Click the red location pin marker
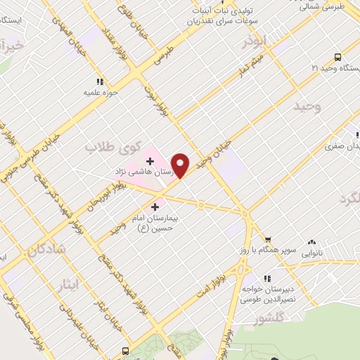pyautogui.click(x=181, y=165)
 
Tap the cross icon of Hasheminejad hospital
pyautogui.click(x=150, y=161)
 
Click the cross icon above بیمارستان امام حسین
pyautogui.click(x=155, y=207)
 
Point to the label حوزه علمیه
pyautogui.click(x=99, y=92)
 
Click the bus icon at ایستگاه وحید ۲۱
pyautogui.click(x=338, y=58)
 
